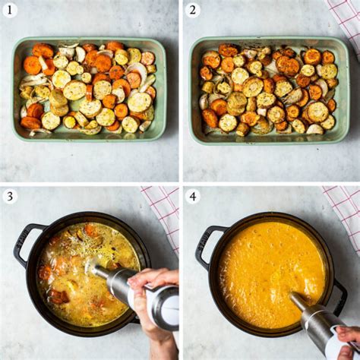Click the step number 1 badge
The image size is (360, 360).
tap(10, 10)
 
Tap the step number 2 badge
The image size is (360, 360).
tap(192, 10)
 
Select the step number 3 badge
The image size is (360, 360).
tap(10, 196)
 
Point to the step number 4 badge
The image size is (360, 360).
tap(192, 196)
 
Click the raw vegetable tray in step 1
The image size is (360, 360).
tap(89, 89)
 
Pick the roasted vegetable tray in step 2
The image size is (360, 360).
tap(270, 90)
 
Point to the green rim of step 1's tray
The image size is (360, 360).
tap(89, 39)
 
